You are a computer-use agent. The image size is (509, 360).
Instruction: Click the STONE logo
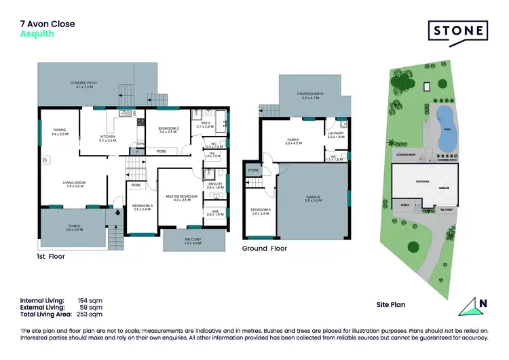pos(458,31)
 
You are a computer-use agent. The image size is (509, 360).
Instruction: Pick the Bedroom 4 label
pos(260,211)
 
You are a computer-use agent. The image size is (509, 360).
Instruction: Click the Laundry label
pos(336,134)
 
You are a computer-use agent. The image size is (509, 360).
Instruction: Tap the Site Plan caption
pos(391,305)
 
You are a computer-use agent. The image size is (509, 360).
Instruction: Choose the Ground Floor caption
pos(265,249)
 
